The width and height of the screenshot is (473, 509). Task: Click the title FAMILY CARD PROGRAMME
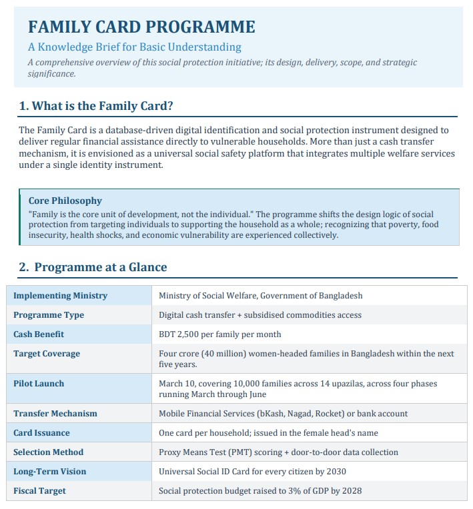(141, 27)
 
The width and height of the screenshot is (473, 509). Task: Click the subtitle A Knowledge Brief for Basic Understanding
(134, 47)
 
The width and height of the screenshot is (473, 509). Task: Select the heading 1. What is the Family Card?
(97, 105)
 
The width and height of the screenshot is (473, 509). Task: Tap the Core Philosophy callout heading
(65, 201)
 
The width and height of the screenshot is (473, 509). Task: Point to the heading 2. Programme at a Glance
(93, 267)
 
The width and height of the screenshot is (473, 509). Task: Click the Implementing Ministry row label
(60, 295)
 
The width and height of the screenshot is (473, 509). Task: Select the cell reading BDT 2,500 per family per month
(219, 334)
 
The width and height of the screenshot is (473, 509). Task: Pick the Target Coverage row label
(47, 354)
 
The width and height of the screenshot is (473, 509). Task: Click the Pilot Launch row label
(39, 384)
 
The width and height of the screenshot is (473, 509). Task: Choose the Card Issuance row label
(41, 433)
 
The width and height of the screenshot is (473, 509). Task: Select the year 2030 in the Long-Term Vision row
(334, 472)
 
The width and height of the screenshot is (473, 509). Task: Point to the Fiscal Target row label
(39, 491)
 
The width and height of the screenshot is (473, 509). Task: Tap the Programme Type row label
(49, 314)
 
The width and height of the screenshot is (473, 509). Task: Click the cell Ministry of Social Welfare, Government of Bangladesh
(260, 295)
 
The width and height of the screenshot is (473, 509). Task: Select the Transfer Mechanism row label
(55, 414)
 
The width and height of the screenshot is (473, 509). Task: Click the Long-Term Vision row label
(50, 472)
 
